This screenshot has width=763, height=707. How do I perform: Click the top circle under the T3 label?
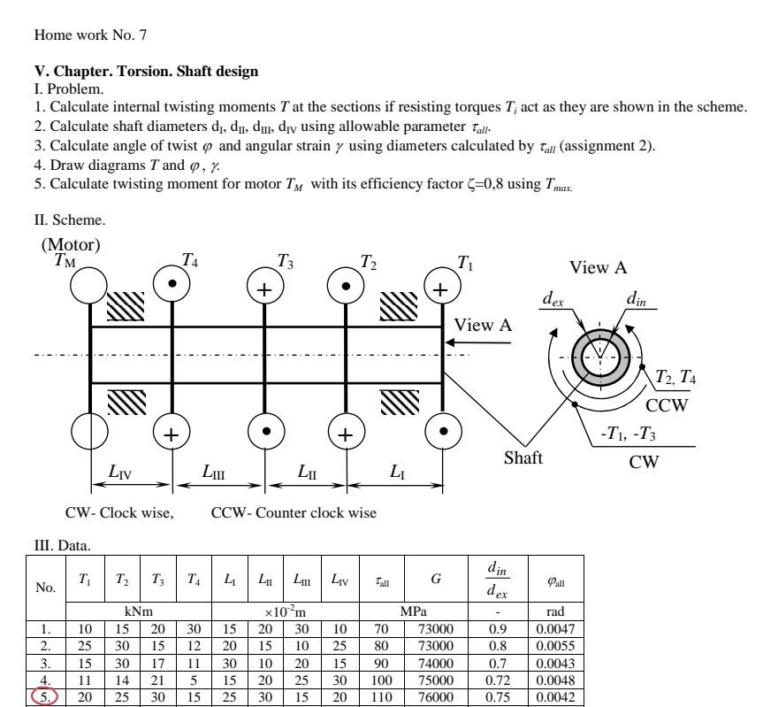(265, 289)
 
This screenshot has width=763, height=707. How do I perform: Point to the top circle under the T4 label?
(171, 284)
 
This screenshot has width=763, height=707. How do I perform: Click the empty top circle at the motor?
(89, 284)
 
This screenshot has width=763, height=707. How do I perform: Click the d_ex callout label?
(553, 301)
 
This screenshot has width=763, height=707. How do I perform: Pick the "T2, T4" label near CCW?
(675, 378)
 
